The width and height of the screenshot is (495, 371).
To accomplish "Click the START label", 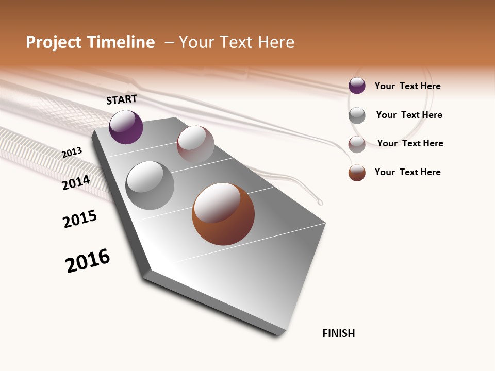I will point(122,99).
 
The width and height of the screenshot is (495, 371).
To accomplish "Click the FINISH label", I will point(338,333).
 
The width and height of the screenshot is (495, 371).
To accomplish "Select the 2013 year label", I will point(72,152).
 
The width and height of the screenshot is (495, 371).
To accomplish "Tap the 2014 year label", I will point(76,182).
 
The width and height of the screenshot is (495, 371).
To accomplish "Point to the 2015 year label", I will point(80,219).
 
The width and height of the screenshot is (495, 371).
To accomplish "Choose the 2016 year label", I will point(88,260).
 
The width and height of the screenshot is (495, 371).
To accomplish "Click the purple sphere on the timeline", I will point(126,127).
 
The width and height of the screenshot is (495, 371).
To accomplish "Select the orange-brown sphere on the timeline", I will point(223,214).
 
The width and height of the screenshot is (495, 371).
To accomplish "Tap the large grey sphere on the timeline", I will point(150,185).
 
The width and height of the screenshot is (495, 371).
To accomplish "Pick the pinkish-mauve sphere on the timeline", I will point(195,145).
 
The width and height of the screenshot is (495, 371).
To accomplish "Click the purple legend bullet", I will point(357,86).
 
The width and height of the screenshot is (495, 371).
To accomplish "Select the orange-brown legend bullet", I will point(357,173).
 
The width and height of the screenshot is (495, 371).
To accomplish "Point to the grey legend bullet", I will point(357,115).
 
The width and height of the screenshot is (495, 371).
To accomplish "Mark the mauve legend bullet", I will point(357,144).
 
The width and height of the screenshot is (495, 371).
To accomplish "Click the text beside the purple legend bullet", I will point(407,86).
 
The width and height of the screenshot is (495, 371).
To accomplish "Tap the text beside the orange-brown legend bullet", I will point(407,172).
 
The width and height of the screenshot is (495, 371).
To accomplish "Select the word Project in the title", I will point(54,42).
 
